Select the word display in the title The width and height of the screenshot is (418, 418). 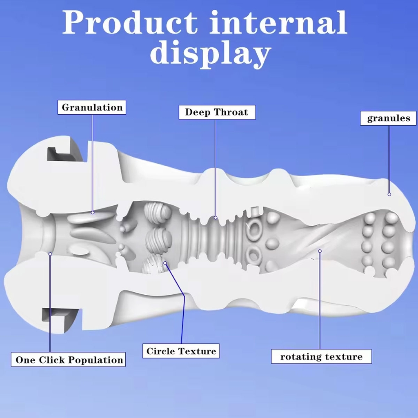210,54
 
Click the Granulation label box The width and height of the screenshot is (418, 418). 91,107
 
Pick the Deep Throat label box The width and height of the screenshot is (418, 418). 217,112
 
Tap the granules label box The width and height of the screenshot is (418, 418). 388,118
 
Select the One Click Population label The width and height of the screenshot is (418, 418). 68,360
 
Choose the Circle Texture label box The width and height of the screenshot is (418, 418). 181,351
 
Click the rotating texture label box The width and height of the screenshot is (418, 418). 321,356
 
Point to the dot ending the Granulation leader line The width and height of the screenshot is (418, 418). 93,212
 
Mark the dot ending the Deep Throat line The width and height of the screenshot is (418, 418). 216,218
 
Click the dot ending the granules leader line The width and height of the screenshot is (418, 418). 389,194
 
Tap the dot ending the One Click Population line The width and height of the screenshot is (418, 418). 50,254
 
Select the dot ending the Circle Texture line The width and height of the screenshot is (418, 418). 166,263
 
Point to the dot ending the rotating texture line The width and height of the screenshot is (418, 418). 320,251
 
